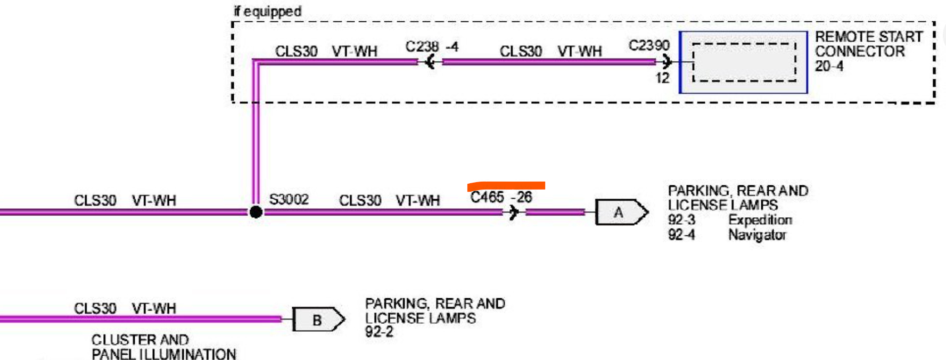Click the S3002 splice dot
pyautogui.click(x=256, y=212)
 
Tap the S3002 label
pyautogui.click(x=289, y=199)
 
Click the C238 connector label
pyautogui.click(x=422, y=47)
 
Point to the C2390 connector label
pyautogui.click(x=648, y=45)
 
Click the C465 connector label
pyautogui.click(x=487, y=197)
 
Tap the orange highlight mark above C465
pyautogui.click(x=506, y=185)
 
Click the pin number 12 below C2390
pyautogui.click(x=662, y=78)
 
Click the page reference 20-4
pyautogui.click(x=829, y=66)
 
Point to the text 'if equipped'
pyautogui.click(x=267, y=11)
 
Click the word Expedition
pyautogui.click(x=760, y=219)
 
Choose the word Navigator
pyautogui.click(x=757, y=234)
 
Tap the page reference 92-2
pyautogui.click(x=379, y=332)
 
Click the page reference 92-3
pyautogui.click(x=681, y=219)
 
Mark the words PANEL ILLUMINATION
pyautogui.click(x=163, y=354)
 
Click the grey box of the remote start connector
pyautogui.click(x=743, y=62)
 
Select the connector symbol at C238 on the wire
pyautogui.click(x=430, y=62)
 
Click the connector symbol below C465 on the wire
pyautogui.click(x=513, y=212)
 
